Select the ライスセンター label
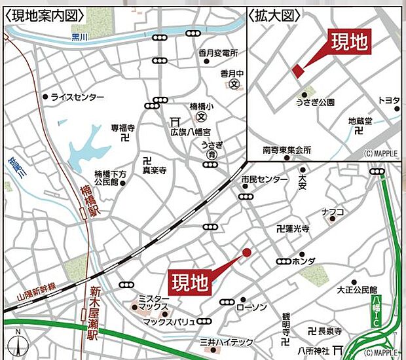tap(77, 97)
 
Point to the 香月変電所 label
tap(219, 52)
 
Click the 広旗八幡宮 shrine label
tap(188, 131)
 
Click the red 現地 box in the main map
tap(190, 283)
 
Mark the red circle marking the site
tap(247, 253)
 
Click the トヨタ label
tap(388, 99)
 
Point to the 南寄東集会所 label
tap(286, 150)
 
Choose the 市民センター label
tap(264, 179)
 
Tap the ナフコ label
tap(333, 211)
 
